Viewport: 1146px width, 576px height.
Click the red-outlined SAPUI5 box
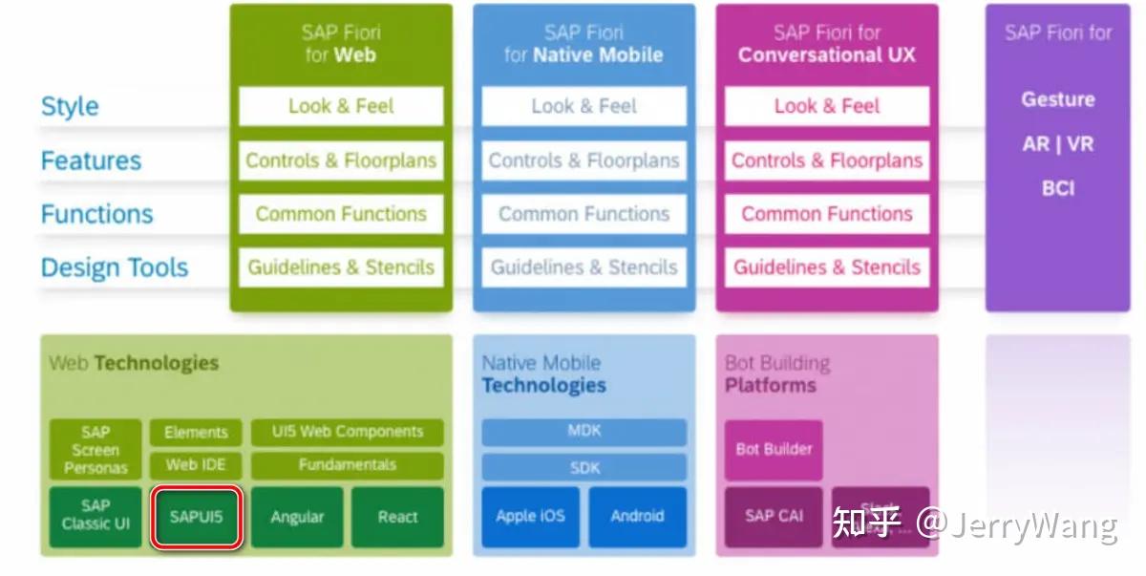[x=196, y=518]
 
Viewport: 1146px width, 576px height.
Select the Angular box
[x=297, y=518]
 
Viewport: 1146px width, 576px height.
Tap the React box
[x=397, y=518]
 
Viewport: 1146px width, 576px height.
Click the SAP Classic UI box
[x=95, y=516]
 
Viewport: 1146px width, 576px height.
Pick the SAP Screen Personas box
[x=95, y=450]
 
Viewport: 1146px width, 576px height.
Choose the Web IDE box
[x=196, y=465]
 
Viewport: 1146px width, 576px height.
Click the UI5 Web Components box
[x=347, y=432]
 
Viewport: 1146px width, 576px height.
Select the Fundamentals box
[x=347, y=465]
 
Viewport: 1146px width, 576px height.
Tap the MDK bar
[x=584, y=432]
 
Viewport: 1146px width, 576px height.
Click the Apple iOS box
[x=530, y=517]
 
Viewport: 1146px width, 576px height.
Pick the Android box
[x=637, y=517]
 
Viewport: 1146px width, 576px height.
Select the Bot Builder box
[x=774, y=449]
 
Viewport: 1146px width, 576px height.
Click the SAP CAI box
[x=774, y=517]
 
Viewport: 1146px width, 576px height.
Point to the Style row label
[x=70, y=106]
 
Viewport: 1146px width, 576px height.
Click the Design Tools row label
[x=115, y=268]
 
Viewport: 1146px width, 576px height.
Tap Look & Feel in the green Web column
[x=341, y=106]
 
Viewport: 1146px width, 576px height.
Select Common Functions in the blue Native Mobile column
[x=584, y=214]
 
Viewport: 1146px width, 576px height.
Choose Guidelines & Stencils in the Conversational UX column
[x=827, y=267]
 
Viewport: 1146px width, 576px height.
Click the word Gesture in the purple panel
[x=1058, y=99]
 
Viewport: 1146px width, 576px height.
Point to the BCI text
[x=1058, y=188]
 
